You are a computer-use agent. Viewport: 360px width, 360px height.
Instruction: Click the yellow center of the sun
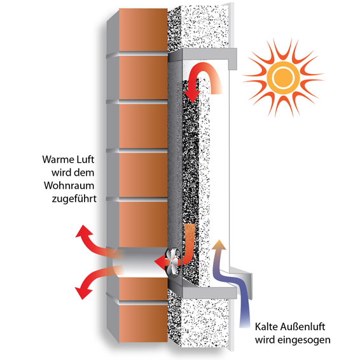[x=283, y=77]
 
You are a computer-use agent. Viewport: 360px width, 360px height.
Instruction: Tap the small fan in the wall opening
[x=174, y=261]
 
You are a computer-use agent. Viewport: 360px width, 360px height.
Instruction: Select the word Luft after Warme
[x=86, y=159]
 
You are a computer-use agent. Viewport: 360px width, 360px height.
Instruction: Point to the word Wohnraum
[x=69, y=186]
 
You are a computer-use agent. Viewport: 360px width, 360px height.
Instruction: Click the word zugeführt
[x=74, y=198]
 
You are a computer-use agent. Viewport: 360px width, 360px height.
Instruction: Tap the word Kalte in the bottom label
[x=265, y=326]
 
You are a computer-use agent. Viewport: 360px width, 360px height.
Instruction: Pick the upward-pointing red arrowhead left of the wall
[x=83, y=232]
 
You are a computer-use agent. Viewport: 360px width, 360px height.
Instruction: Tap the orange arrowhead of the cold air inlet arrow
[x=219, y=245]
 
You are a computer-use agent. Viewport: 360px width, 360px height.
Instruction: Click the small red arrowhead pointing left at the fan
[x=160, y=261]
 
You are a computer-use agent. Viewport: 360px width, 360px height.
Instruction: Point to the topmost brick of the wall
[x=143, y=30]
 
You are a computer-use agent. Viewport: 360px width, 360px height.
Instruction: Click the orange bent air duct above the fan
[x=190, y=244]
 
